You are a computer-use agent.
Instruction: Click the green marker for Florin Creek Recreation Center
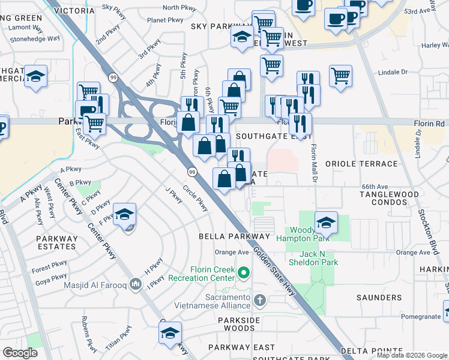[x=244, y=274]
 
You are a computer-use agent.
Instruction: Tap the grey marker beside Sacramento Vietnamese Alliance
[x=259, y=299]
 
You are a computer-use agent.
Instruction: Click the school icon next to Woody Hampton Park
[x=325, y=223]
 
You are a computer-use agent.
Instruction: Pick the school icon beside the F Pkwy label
[x=124, y=214]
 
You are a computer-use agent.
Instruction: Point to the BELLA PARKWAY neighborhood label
[x=235, y=237]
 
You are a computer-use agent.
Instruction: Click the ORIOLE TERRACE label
[x=353, y=163]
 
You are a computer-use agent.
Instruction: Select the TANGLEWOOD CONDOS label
[x=388, y=198]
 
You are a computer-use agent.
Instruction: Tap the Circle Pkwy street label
[x=196, y=201]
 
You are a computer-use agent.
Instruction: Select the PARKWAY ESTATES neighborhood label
[x=57, y=242]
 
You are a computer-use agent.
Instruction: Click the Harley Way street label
[x=435, y=45]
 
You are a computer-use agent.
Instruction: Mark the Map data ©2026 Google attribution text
[x=411, y=355]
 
